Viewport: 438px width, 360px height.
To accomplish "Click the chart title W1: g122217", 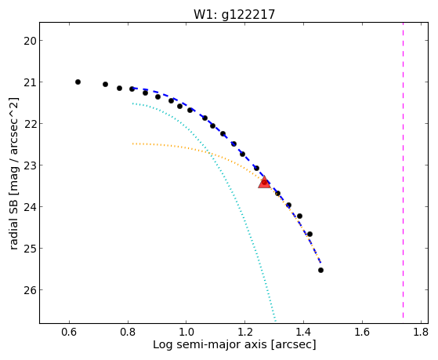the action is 234,15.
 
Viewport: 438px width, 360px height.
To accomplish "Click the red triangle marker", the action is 264,182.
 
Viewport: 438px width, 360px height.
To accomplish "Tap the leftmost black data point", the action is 78,82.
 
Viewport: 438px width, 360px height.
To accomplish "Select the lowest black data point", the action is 320,271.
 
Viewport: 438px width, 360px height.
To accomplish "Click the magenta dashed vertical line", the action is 403,170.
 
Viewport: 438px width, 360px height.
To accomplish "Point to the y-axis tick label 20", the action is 30,41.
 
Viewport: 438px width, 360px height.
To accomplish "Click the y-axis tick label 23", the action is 30,165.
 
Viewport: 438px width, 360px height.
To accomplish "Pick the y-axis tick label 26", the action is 30,290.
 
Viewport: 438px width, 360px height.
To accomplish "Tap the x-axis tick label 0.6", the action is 69,333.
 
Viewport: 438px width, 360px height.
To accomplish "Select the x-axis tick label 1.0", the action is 186,333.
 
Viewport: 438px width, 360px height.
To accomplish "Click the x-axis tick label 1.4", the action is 303,333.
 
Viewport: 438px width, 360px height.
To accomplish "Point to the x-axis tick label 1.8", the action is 421,333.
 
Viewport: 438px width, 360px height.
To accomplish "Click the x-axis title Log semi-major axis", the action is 209,344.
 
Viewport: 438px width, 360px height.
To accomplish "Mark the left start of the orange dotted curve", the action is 133,144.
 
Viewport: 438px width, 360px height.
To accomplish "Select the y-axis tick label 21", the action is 30,82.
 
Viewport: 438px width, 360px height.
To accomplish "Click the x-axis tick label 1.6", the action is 362,333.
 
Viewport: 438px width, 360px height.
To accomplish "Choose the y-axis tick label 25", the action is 30,249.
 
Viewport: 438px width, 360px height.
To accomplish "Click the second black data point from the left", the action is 105,84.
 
